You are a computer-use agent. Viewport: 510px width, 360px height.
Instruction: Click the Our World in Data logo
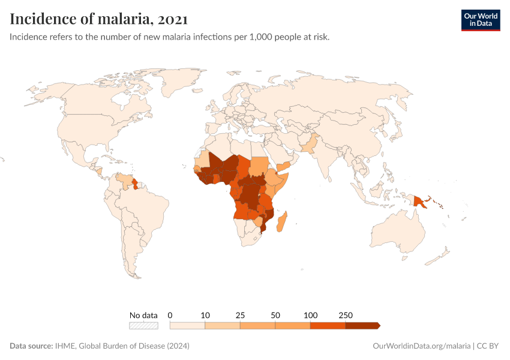[480, 20]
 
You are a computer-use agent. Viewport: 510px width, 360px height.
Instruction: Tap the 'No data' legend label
[143, 315]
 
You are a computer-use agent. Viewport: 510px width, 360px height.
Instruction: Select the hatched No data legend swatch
[143, 325]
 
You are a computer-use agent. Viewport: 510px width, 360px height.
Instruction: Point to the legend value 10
[205, 315]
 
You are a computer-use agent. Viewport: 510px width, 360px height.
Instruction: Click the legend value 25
[240, 315]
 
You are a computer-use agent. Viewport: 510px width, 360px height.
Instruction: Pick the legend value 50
[275, 315]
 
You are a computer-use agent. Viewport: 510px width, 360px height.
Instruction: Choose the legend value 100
[310, 315]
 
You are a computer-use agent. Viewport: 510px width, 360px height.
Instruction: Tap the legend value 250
[346, 315]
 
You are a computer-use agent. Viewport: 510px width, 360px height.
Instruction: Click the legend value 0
[170, 315]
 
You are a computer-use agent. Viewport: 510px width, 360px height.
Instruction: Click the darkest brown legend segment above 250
[362, 325]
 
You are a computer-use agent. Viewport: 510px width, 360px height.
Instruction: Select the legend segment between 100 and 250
[328, 325]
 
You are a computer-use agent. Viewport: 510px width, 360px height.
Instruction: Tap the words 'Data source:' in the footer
[31, 346]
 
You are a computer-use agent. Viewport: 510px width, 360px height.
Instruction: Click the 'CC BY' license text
[488, 346]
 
